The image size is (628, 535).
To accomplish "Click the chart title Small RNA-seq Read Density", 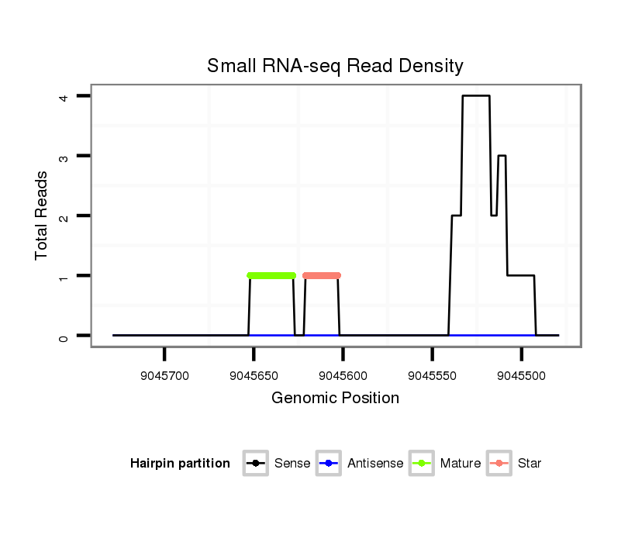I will (x=335, y=66).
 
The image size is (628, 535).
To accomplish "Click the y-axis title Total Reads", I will (x=42, y=216).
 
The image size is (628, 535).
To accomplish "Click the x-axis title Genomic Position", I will (x=335, y=399).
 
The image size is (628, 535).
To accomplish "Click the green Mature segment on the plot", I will (x=271, y=275).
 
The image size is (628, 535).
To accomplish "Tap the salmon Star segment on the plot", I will (x=322, y=275).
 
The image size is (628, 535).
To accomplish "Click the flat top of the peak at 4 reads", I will (x=476, y=96).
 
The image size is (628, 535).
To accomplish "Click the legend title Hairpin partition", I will (x=180, y=464).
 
